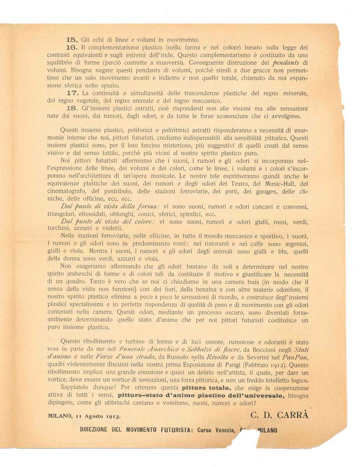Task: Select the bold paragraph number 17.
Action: point(72,93)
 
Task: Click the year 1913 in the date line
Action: point(113,416)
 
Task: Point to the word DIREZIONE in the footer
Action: point(97,430)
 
